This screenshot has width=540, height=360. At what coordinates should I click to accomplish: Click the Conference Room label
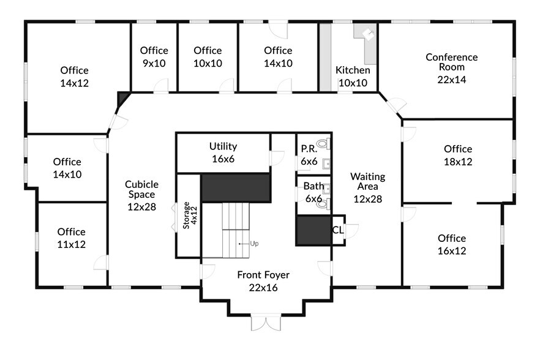pos(451,68)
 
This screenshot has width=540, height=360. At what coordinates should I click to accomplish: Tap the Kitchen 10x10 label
pos(352,77)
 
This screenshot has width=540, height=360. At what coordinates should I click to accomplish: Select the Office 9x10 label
pos(154,57)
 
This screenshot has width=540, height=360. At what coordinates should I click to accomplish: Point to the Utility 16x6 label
pos(223,152)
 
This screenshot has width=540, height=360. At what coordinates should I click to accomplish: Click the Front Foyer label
pos(263,281)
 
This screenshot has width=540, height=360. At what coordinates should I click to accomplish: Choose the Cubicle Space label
pos(142,195)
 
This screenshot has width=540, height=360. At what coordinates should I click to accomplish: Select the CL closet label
pos(337,230)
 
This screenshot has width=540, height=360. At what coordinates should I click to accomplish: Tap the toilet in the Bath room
pos(323,204)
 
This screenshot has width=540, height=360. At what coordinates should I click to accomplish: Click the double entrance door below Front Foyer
pos(266,323)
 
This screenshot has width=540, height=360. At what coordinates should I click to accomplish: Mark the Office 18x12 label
pos(458,156)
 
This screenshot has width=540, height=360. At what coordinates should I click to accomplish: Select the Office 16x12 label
pos(451,244)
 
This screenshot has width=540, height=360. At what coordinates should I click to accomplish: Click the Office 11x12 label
pos(72,238)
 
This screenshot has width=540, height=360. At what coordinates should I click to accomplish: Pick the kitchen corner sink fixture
pos(369,34)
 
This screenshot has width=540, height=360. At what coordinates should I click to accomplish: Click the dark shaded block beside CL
pos(313,231)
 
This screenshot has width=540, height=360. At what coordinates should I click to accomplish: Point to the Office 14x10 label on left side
pos(67,168)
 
